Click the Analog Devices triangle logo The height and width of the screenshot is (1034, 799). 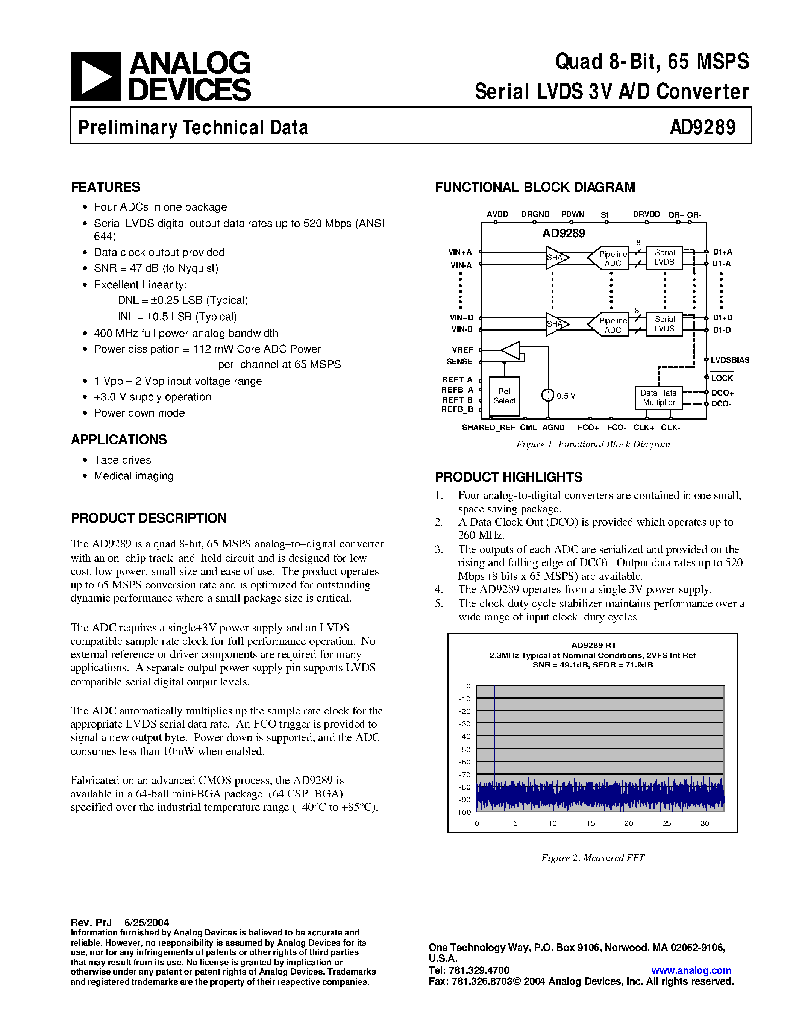96,76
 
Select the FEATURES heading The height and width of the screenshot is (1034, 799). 106,187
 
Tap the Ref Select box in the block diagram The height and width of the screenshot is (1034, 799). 504,396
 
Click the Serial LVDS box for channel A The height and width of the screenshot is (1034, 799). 664,257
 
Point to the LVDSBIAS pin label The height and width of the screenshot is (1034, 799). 730,360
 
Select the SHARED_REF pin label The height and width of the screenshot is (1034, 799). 488,428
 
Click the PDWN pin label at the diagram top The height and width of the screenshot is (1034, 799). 572,214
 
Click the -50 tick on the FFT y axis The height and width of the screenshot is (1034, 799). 465,749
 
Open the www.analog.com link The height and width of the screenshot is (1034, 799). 691,970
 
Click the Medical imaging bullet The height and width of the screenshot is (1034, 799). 133,476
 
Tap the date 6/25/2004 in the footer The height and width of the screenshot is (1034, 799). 146,922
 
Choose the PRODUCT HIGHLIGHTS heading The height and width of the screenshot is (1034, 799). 508,477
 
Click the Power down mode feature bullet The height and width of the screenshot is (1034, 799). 139,413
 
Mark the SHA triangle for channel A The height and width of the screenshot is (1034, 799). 555,258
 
